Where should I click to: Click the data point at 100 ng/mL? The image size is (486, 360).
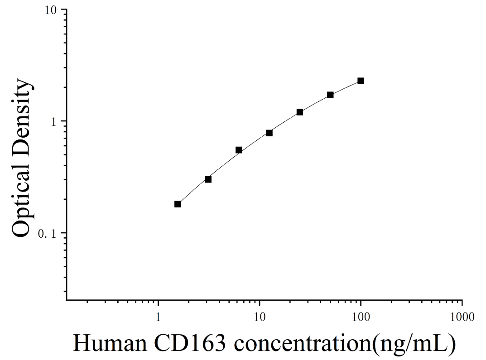point(361,81)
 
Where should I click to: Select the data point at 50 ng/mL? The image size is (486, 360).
point(330,95)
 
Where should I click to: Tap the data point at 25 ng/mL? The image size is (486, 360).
point(300,112)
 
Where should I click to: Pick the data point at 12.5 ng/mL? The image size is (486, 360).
point(269,133)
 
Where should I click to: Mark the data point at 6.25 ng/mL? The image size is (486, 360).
point(239,150)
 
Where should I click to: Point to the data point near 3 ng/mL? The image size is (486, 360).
point(208,179)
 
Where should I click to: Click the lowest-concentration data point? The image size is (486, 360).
point(178,204)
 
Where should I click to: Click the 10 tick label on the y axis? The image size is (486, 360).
point(52,10)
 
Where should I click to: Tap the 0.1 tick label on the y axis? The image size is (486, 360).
point(47,234)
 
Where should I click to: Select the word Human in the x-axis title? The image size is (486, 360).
point(110,343)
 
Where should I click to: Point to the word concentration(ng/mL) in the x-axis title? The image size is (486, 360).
point(344,344)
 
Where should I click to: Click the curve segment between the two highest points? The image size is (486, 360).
point(345,87)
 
